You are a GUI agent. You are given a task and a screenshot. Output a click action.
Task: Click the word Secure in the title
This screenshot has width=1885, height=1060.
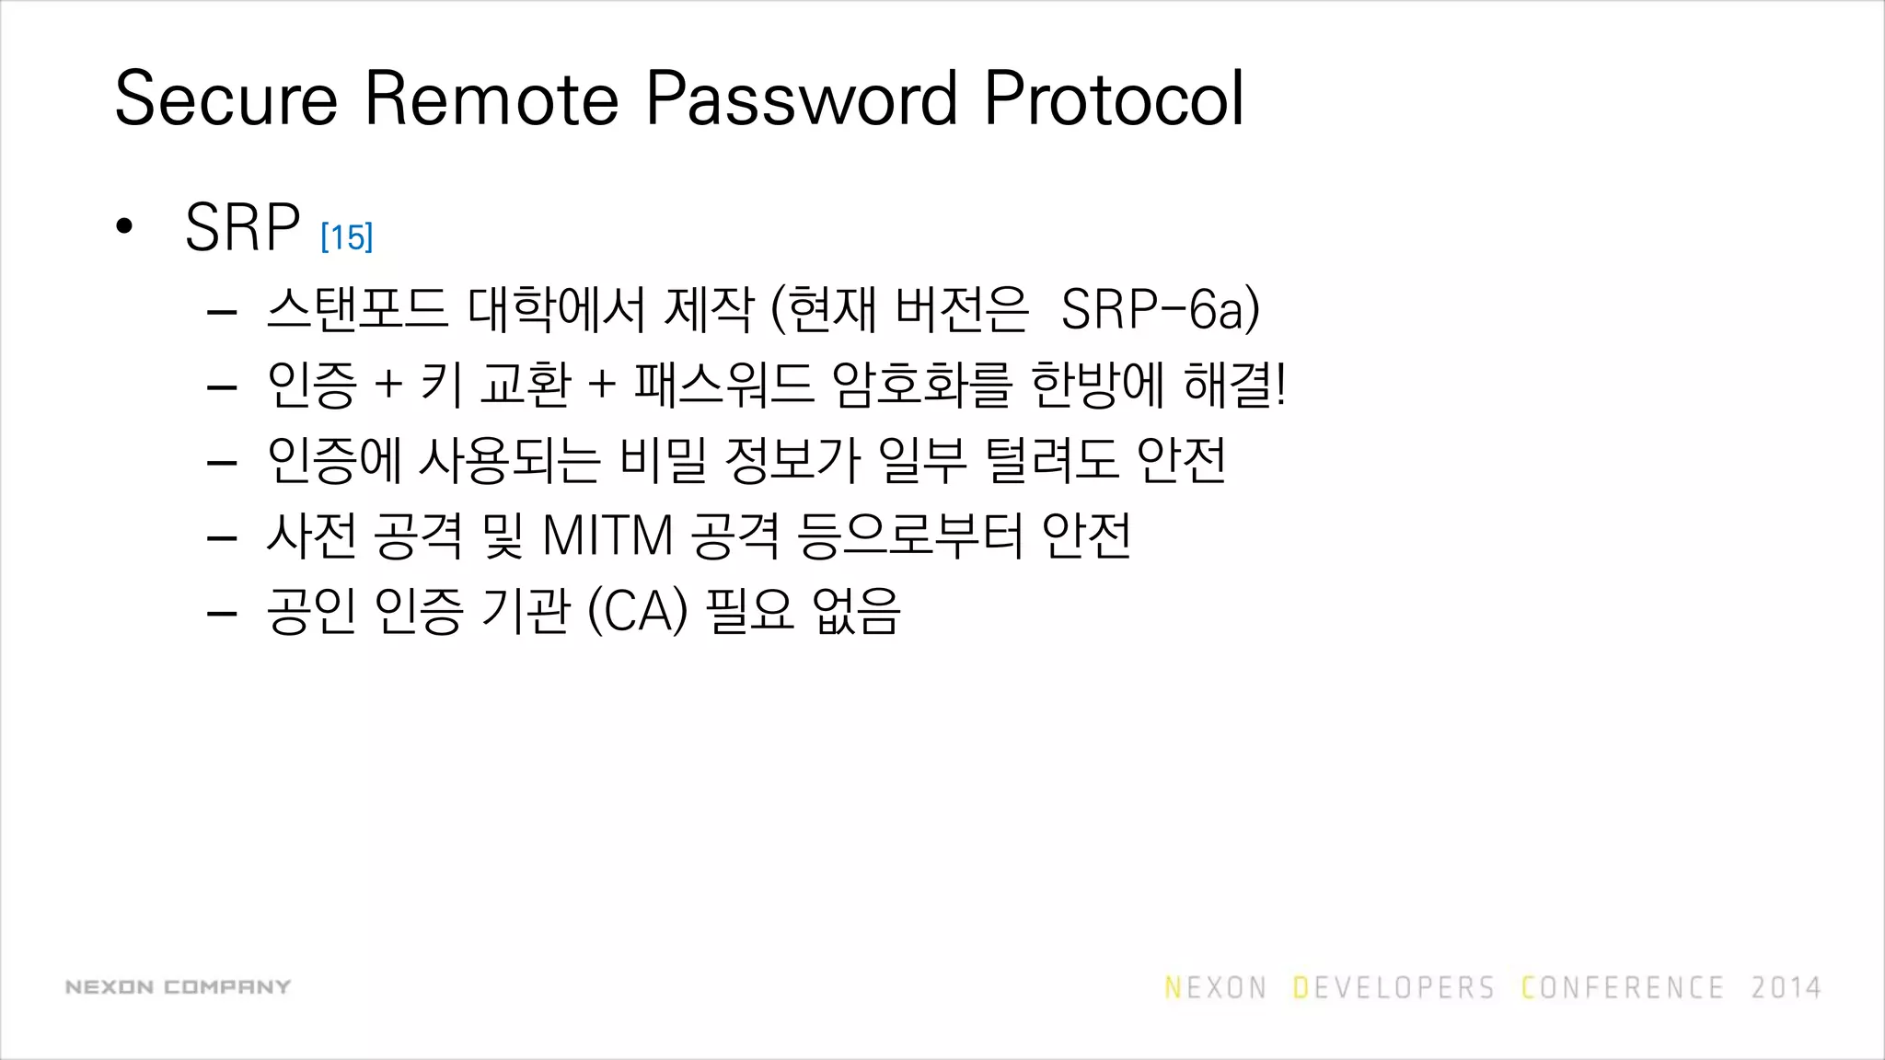pos(226,98)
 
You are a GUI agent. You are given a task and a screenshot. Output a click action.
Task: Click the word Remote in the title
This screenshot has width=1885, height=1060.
pos(491,98)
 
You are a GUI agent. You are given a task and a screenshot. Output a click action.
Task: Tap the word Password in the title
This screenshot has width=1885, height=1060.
pos(801,98)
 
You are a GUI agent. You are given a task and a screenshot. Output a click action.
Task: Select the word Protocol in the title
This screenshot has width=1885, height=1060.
pos(1114,98)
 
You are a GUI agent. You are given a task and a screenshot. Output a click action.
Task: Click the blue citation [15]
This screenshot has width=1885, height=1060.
pos(347,237)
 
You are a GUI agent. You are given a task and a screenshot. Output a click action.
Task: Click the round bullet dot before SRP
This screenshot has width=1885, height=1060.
pos(125,226)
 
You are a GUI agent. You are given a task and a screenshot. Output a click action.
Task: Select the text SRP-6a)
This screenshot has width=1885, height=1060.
pos(1160,309)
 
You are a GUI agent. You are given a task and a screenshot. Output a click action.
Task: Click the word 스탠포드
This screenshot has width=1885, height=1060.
pos(357,309)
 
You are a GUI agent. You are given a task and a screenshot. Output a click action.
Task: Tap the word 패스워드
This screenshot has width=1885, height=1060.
pos(723,385)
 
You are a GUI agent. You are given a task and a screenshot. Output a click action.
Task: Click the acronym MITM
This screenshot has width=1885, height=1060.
pos(608,536)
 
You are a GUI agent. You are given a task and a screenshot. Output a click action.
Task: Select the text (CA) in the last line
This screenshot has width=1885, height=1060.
pos(637,611)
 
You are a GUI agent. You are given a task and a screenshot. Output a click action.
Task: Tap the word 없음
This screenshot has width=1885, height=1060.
pos(856,611)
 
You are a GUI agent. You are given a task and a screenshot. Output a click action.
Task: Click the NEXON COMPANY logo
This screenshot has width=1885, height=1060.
pos(178,987)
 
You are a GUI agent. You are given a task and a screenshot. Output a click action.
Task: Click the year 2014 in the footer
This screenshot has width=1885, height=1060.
pos(1786,988)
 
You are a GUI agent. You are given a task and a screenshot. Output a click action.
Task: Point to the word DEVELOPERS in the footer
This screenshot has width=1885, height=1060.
pos(1394,988)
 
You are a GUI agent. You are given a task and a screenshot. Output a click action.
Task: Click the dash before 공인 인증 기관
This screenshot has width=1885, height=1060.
pos(223,613)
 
